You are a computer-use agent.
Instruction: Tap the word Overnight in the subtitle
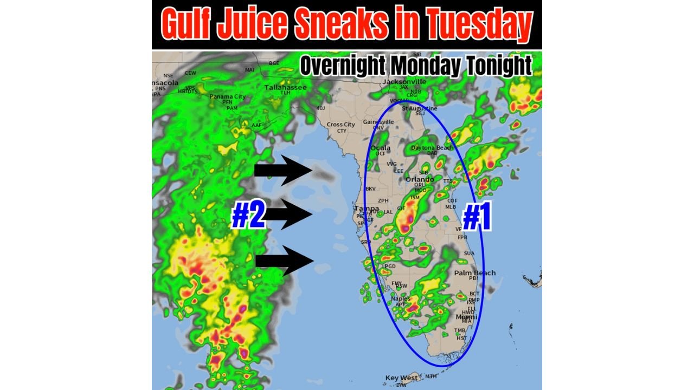coord(342,66)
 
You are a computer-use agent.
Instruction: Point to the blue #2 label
coord(248,216)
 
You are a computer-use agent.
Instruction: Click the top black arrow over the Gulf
coord(282,171)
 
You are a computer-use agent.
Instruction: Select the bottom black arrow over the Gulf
coord(284,261)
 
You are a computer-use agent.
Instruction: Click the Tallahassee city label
coord(285,87)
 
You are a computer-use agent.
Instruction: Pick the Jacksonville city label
coord(404,82)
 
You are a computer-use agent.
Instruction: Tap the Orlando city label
coord(420,179)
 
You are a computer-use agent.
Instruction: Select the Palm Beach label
coord(474,272)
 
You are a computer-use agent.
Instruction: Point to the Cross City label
coord(341,125)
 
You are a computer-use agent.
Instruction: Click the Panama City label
coord(228,96)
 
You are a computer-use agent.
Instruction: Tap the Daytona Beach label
coord(432,148)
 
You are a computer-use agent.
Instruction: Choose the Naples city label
coord(401,298)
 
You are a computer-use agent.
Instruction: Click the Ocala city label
coord(381,148)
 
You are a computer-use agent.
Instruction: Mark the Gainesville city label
coord(378,122)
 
